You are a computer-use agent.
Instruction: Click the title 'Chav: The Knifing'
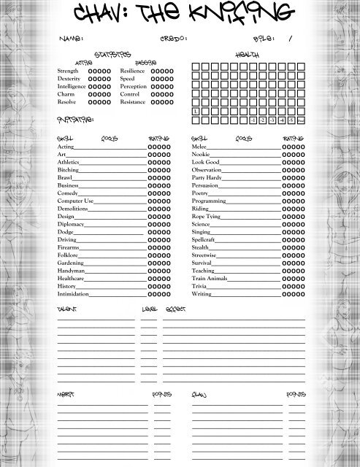click(180, 12)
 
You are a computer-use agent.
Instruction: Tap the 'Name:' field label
click(71, 38)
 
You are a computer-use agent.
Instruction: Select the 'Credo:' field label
click(173, 38)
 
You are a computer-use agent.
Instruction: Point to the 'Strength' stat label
click(67, 71)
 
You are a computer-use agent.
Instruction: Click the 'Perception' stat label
click(134, 87)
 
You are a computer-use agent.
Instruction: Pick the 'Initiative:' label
click(74, 119)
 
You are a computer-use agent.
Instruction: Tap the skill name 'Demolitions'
click(74, 208)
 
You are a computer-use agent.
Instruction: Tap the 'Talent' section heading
click(66, 309)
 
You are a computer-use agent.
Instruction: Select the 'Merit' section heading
click(66, 394)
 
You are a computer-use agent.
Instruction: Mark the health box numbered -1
click(253, 120)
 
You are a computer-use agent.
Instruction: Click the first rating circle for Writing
click(286, 294)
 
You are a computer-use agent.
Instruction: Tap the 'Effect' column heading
click(175, 309)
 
